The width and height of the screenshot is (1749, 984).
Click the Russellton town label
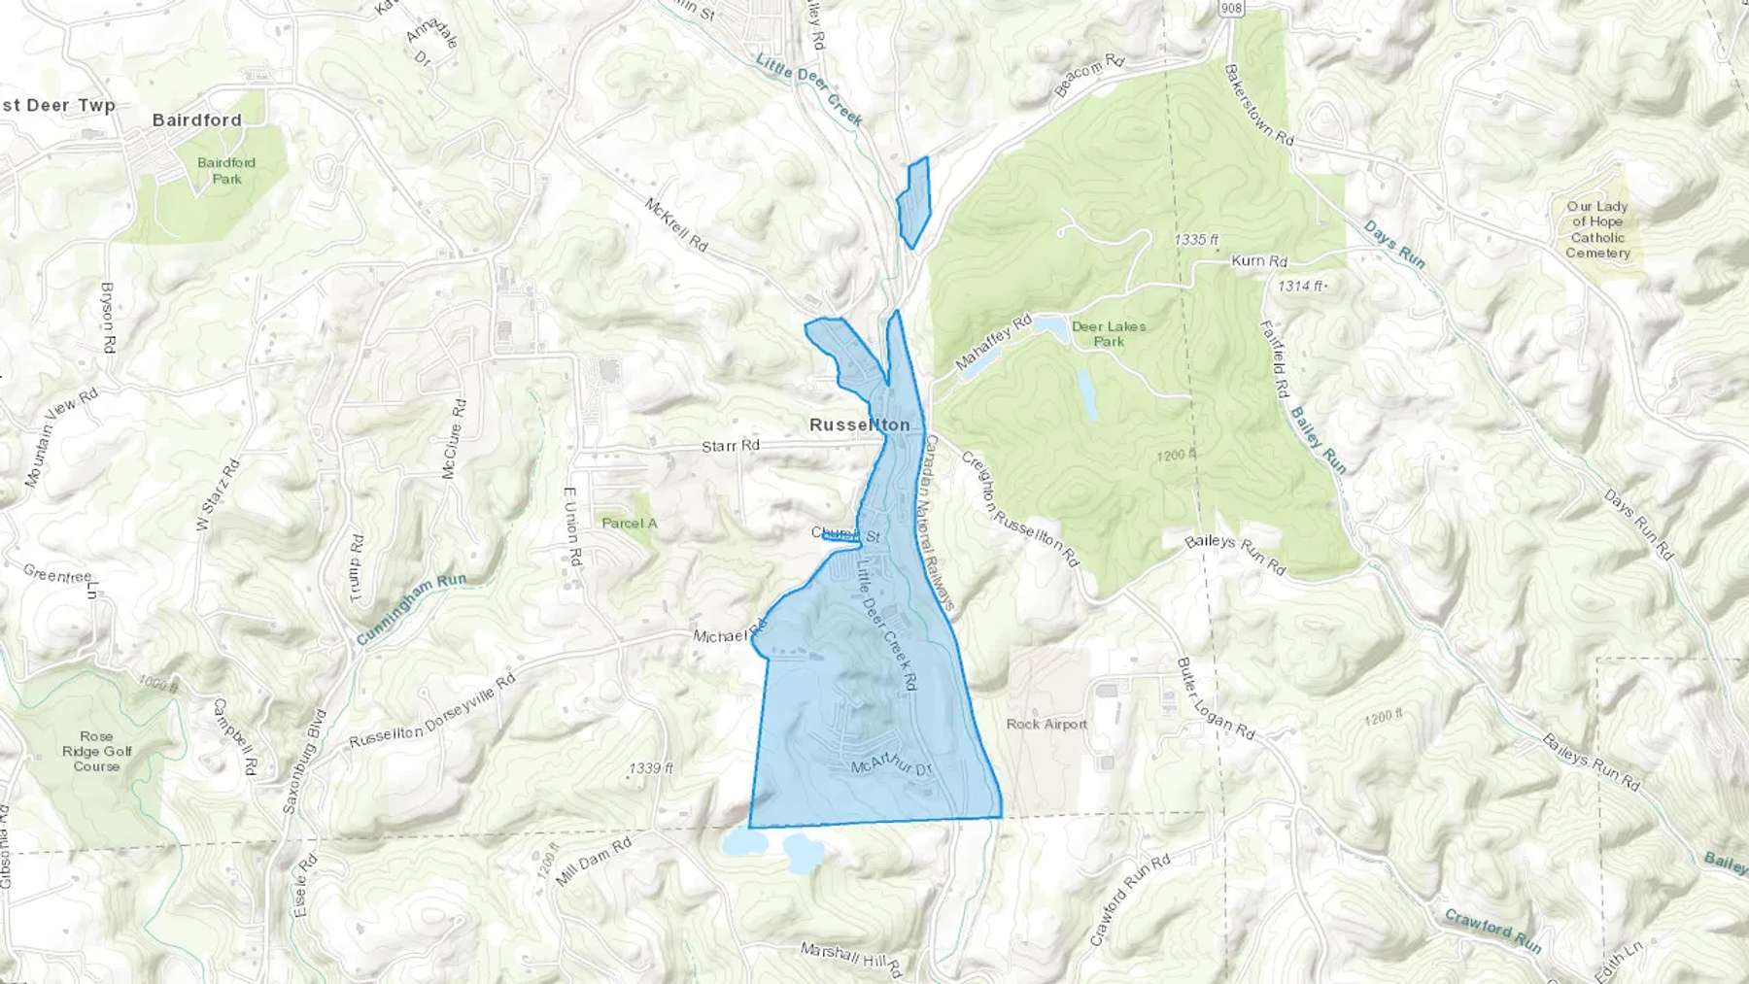click(x=859, y=424)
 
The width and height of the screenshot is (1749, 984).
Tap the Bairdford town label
click(x=197, y=120)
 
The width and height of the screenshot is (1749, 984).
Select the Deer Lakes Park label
click(x=1109, y=334)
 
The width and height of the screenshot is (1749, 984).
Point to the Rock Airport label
click(x=1046, y=724)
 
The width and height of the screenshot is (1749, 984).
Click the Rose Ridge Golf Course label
click(x=96, y=751)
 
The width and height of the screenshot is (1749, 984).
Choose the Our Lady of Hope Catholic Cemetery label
click(x=1597, y=229)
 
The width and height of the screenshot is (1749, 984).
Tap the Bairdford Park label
click(x=226, y=170)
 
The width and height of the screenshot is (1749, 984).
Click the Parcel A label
click(x=630, y=523)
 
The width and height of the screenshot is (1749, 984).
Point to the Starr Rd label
click(x=731, y=446)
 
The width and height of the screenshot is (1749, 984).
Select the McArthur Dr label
click(x=891, y=766)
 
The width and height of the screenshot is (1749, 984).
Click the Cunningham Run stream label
click(x=411, y=609)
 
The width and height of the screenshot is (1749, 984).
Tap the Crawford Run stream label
click(x=1492, y=930)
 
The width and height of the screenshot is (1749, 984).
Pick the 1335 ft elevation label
click(x=1196, y=239)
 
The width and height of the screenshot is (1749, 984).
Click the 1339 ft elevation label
click(x=651, y=767)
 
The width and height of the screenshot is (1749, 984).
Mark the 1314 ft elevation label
click(x=1301, y=286)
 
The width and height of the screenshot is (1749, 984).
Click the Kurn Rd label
click(x=1259, y=260)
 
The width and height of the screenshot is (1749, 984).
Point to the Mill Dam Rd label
click(x=593, y=862)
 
